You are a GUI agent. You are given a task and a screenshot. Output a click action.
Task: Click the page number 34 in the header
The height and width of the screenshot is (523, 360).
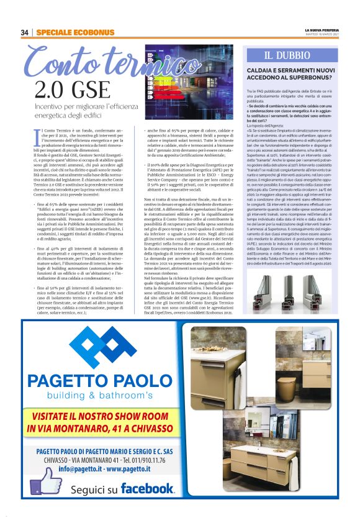[25, 32]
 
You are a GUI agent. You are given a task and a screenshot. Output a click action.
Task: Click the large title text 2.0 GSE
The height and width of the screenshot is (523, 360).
[67, 90]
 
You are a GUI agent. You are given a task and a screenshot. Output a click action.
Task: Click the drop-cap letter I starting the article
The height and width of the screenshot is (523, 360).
[37, 134]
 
